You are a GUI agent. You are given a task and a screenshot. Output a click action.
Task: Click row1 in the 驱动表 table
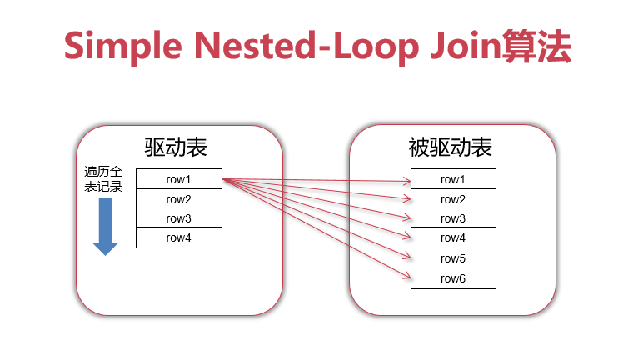pyautogui.click(x=179, y=179)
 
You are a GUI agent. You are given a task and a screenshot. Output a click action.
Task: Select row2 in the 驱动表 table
pyautogui.click(x=179, y=199)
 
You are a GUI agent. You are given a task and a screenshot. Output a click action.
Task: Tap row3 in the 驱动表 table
pyautogui.click(x=179, y=218)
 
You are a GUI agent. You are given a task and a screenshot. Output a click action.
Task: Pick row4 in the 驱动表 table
pyautogui.click(x=179, y=238)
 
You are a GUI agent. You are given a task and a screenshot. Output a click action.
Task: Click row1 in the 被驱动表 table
pyautogui.click(x=453, y=179)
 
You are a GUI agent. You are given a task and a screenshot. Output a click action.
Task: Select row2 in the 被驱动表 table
pyautogui.click(x=453, y=199)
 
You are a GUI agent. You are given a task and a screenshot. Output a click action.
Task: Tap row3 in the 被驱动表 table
pyautogui.click(x=453, y=218)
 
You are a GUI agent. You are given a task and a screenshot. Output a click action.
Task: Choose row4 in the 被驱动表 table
pyautogui.click(x=453, y=238)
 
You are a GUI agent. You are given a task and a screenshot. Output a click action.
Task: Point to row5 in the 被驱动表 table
pyautogui.click(x=453, y=258)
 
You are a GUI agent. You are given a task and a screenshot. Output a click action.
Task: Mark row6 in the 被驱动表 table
pyautogui.click(x=453, y=278)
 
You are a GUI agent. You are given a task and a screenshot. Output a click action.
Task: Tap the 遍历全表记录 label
pyautogui.click(x=104, y=179)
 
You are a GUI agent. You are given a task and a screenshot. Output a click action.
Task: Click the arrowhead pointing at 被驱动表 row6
pyautogui.click(x=406, y=277)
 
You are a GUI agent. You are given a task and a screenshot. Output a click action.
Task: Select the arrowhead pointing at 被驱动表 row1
pyautogui.click(x=406, y=179)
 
